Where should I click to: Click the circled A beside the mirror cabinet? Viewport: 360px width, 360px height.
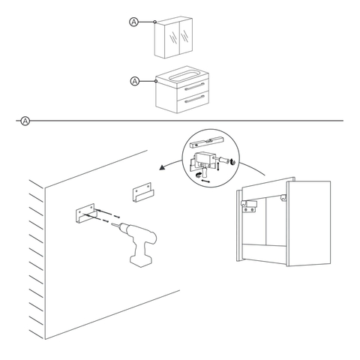(134, 22)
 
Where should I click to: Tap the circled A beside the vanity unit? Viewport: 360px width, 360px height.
(135, 81)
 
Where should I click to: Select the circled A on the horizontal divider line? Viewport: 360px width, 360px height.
(25, 121)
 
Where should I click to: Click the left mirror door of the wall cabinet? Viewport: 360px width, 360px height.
(172, 38)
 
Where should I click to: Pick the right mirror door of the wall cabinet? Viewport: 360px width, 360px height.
(186, 35)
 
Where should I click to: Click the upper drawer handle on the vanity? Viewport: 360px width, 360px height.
(193, 87)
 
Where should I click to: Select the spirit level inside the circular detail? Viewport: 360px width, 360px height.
(206, 142)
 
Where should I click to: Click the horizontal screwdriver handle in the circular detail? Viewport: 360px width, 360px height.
(224, 159)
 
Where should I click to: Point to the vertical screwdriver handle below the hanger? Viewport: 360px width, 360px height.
(205, 172)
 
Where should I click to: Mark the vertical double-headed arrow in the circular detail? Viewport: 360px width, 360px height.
(218, 166)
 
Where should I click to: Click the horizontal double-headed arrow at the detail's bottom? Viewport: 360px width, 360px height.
(205, 181)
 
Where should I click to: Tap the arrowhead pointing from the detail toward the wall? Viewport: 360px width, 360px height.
(163, 167)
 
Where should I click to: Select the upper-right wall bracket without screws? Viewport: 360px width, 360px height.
(143, 192)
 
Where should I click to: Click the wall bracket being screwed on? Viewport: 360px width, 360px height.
(85, 213)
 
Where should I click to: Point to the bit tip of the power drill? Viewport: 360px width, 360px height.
(112, 224)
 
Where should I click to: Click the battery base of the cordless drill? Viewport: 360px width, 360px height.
(141, 261)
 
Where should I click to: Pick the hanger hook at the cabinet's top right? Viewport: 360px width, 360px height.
(283, 198)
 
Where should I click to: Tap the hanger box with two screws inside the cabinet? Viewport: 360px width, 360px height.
(249, 206)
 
